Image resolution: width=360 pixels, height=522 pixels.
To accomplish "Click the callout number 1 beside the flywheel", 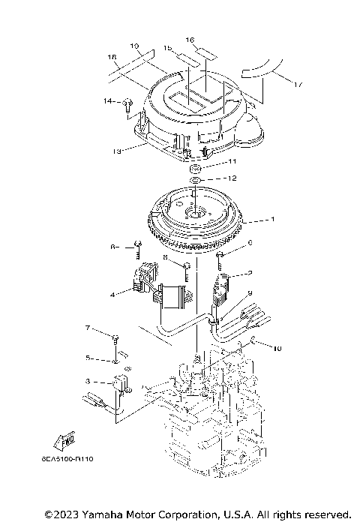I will point(274,220).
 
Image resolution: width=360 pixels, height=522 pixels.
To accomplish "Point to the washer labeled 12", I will point(193,180).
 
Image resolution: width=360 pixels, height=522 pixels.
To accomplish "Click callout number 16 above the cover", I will point(190,39).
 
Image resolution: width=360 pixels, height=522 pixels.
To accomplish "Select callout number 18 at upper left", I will point(112,57).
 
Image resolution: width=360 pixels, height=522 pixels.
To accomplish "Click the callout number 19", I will point(135,46).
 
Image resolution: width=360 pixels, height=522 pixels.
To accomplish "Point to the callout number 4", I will point(112,295).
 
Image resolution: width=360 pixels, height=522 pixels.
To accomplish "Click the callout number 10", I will point(278,349).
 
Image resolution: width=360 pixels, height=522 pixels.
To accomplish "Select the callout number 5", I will point(88,357).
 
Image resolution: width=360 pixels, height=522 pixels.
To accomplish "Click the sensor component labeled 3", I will point(120,385).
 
